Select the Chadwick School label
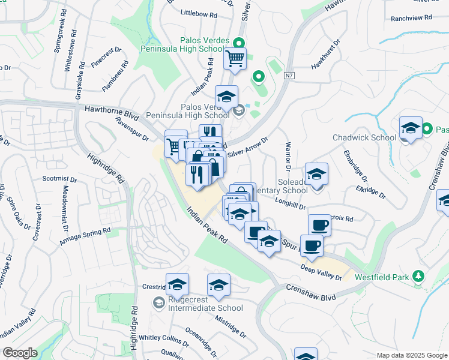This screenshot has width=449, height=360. click(364, 137)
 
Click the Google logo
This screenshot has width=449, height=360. click(20, 352)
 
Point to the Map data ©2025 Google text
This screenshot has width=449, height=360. click(411, 355)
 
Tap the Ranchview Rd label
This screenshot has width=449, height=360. click(411, 19)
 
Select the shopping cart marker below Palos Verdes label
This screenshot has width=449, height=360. click(235, 59)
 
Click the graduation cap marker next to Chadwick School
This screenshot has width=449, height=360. click(411, 128)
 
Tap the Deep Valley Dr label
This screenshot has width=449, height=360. click(321, 272)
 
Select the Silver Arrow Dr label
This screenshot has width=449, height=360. click(247, 146)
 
